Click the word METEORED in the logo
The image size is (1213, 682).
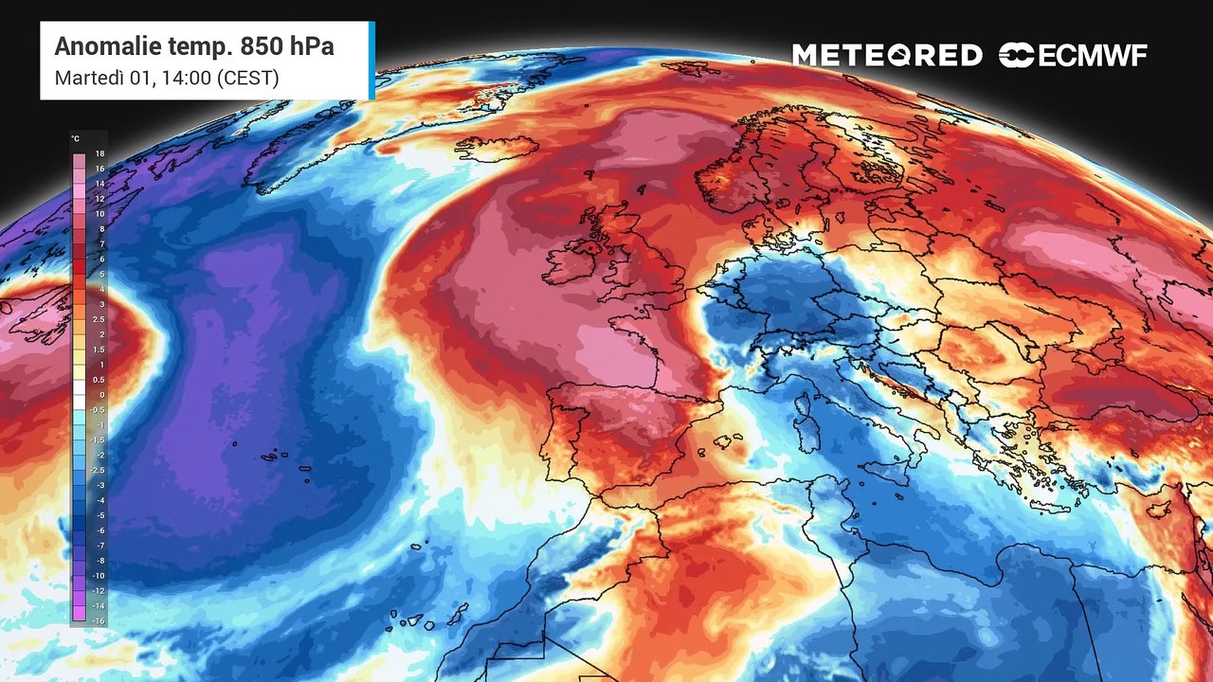[887, 56]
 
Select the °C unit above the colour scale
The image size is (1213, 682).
[75, 138]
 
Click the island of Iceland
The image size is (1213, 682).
[496, 149]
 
